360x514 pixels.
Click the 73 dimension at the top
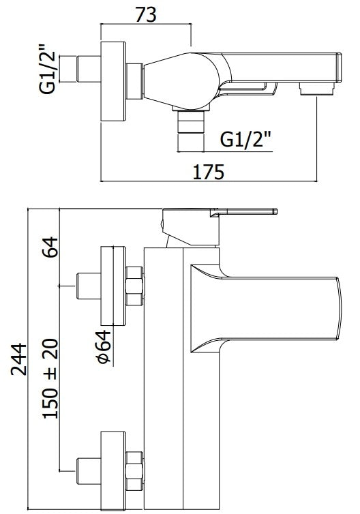[x=146, y=15]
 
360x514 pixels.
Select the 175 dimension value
[x=208, y=172]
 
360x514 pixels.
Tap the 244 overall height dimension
[x=18, y=359]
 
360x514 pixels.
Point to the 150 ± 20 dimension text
[x=50, y=378]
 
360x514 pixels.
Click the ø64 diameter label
[x=104, y=347]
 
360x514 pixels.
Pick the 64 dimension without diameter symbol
[x=50, y=247]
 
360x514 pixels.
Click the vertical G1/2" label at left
[x=48, y=69]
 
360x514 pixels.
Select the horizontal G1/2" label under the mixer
[x=246, y=139]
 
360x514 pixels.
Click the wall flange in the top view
[x=113, y=82]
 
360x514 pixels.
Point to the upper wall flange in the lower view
[x=113, y=286]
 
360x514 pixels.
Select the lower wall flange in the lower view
[x=113, y=471]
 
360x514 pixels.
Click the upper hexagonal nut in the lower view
[x=135, y=286]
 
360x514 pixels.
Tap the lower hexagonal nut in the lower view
[x=135, y=471]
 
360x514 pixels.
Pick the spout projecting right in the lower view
[x=266, y=308]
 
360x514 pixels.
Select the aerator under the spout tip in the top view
[x=317, y=89]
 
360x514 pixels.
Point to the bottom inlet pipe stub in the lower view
[x=89, y=471]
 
